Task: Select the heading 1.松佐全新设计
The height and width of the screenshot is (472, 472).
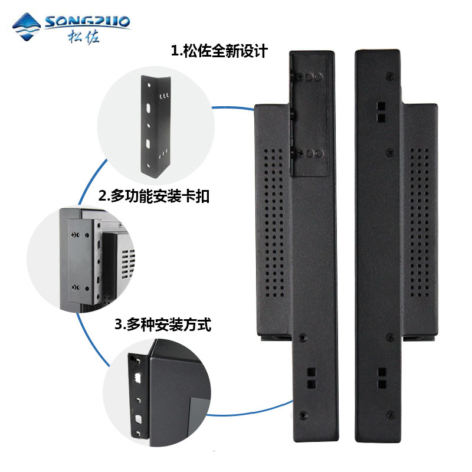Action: click(x=219, y=51)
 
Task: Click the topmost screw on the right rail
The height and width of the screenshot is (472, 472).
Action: click(x=389, y=77)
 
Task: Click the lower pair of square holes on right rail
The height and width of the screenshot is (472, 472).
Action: click(x=382, y=378)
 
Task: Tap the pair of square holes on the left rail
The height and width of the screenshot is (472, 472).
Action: click(x=312, y=378)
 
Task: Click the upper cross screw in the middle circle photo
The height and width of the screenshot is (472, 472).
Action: click(x=74, y=235)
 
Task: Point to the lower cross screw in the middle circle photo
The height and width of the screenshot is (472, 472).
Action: click(x=74, y=287)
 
